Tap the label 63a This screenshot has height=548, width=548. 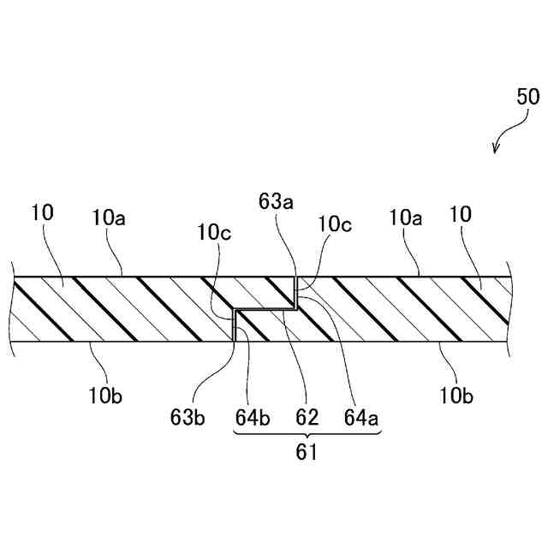tap(276, 203)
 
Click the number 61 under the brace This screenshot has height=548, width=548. tap(307, 454)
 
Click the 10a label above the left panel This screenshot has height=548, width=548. tap(109, 217)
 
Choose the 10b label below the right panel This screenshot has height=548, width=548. tap(456, 396)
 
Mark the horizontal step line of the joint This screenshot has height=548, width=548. tap(265, 308)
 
